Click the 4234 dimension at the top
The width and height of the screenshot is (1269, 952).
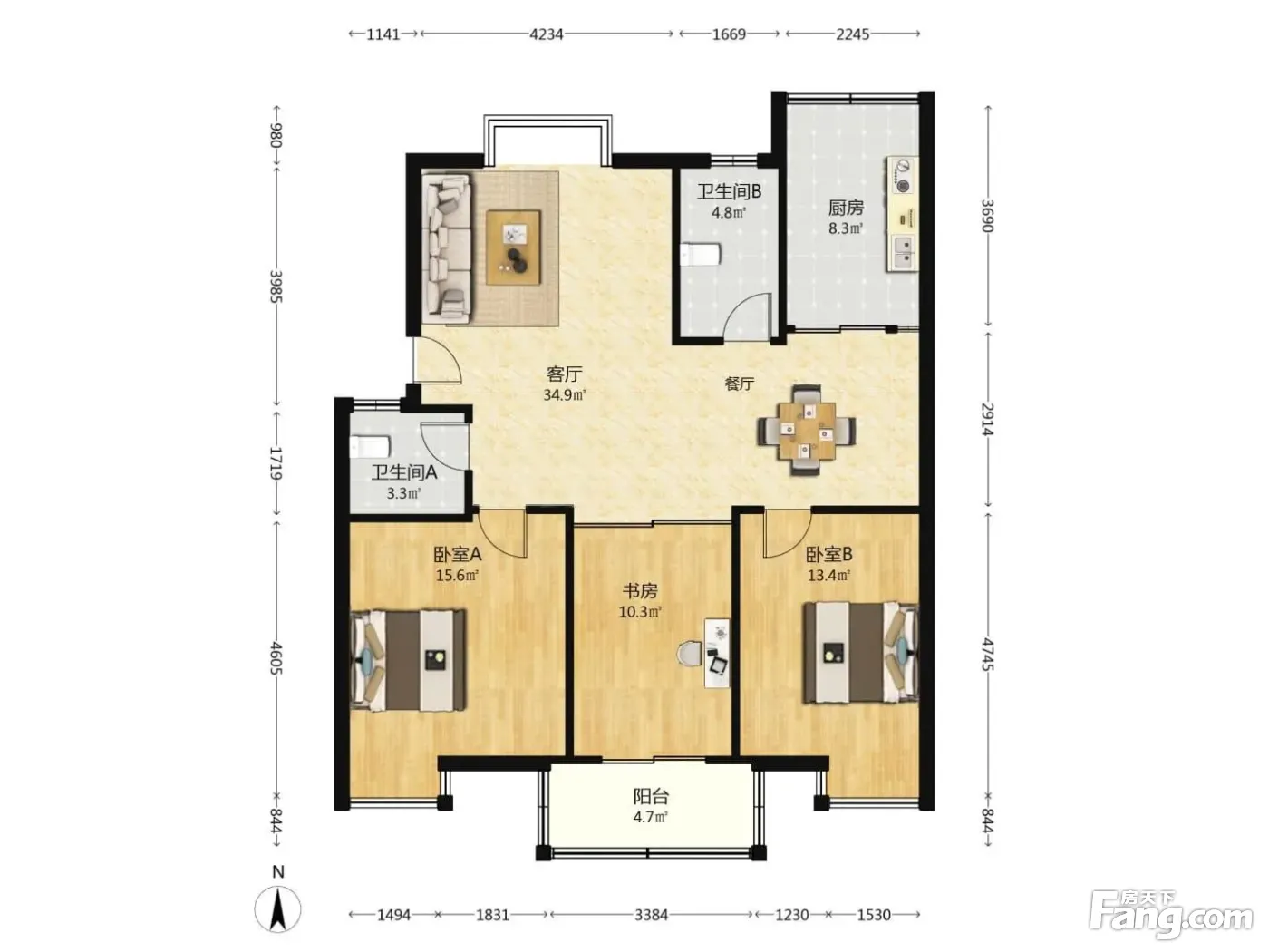coord(547,34)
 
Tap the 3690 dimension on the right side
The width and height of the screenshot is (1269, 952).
coord(988,216)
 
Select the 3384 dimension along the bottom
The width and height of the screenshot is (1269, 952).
coord(651,915)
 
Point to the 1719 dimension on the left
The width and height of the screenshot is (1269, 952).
coord(276,462)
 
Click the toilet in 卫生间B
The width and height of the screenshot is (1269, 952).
coord(699,255)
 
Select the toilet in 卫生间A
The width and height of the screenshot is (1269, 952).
coord(370,447)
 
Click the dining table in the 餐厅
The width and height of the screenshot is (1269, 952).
coord(807,431)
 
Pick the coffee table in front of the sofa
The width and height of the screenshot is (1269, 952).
coord(513,248)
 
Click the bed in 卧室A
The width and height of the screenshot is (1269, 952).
coord(408,660)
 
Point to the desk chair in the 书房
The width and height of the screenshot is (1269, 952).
coord(690,654)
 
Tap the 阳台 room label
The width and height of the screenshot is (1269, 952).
coord(651,797)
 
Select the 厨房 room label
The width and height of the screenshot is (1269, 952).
coord(846,208)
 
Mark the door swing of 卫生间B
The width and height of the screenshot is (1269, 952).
coord(747,315)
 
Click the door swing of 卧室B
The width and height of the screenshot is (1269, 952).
coord(787,533)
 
